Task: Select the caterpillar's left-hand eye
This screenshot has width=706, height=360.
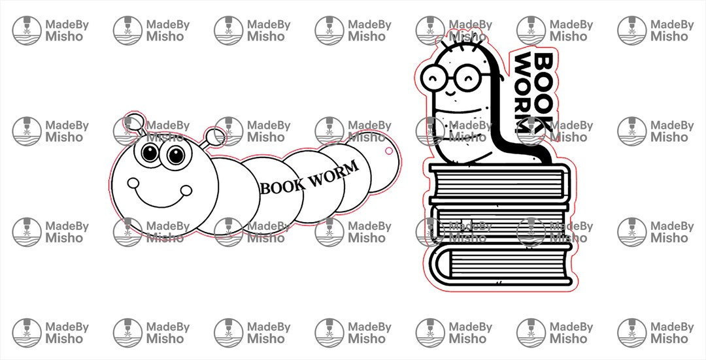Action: point(150,154)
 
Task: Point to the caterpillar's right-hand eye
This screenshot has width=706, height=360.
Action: point(175,155)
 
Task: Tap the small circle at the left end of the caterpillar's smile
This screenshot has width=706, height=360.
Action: point(133,183)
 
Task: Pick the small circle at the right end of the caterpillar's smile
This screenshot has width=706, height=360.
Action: point(186,190)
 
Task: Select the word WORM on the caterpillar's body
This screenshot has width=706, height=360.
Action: point(334,173)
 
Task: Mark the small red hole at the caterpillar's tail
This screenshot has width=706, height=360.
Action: point(388,151)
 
